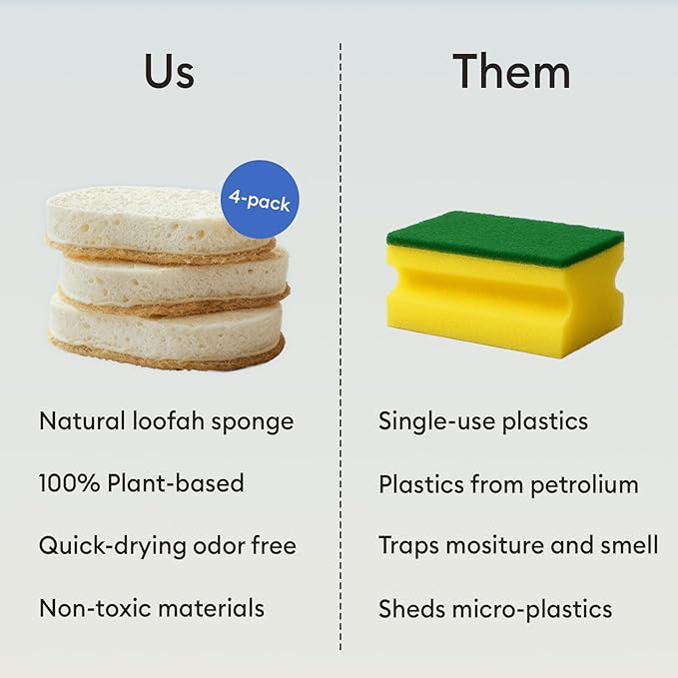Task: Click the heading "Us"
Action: [x=169, y=72]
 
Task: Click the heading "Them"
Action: [x=511, y=72]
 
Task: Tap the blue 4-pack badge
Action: [x=259, y=200]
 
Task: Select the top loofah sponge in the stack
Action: [x=150, y=220]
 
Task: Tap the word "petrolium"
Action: [x=588, y=485]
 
